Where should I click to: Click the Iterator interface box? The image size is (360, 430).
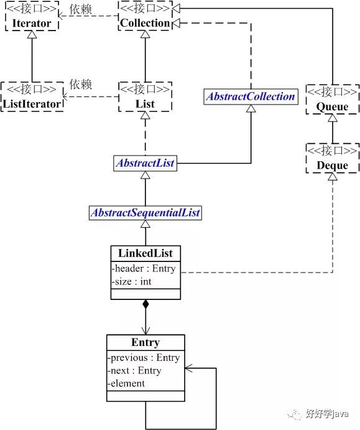pos(31,17)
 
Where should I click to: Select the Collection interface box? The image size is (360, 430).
pos(144,17)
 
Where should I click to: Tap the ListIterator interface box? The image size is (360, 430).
pos(32,96)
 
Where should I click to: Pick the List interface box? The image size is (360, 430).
pos(144,96)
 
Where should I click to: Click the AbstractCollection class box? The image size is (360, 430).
pos(250,96)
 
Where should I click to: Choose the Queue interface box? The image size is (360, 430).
pos(332,100)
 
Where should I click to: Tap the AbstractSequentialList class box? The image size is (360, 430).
pos(145,213)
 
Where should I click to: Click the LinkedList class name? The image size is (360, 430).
pos(145,253)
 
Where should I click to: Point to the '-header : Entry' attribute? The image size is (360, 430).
pos(144,269)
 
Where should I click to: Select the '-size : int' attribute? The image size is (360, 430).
pos(132,281)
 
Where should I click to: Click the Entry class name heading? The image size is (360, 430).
pos(145,342)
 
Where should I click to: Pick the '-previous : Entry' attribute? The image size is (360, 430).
pos(144,358)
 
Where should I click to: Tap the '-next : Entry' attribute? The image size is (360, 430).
pos(135,370)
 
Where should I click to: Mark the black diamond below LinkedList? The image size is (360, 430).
pos(145,304)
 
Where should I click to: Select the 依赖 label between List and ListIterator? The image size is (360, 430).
pos(81,83)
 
